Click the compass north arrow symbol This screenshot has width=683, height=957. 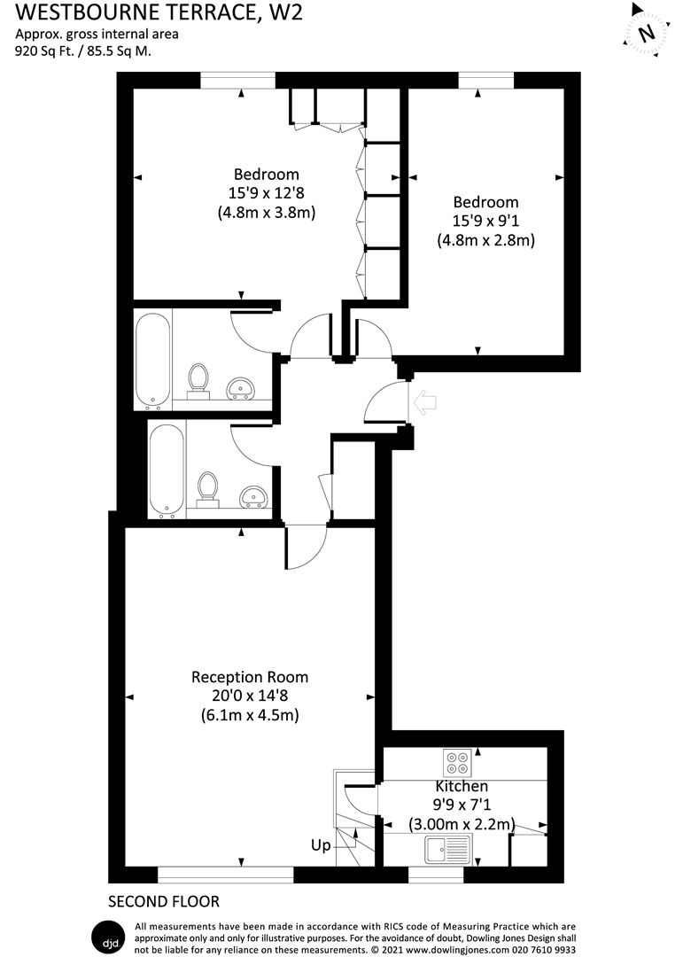click(647, 34)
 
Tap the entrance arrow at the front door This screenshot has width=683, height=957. click(426, 402)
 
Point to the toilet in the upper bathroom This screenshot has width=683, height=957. click(198, 379)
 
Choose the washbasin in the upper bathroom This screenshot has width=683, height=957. click(241, 387)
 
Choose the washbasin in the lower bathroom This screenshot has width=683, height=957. click(254, 495)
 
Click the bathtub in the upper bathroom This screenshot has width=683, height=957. click(152, 360)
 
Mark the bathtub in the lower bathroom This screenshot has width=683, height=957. click(167, 471)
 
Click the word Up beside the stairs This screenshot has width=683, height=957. click(321, 845)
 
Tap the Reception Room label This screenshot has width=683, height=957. click(250, 677)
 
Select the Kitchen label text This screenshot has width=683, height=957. click(461, 786)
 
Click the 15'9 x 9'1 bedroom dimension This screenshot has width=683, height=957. click(485, 221)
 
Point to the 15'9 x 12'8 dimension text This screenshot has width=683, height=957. click(266, 193)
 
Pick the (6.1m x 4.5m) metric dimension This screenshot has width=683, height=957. click(250, 716)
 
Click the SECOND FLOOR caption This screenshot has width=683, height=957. click(163, 902)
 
